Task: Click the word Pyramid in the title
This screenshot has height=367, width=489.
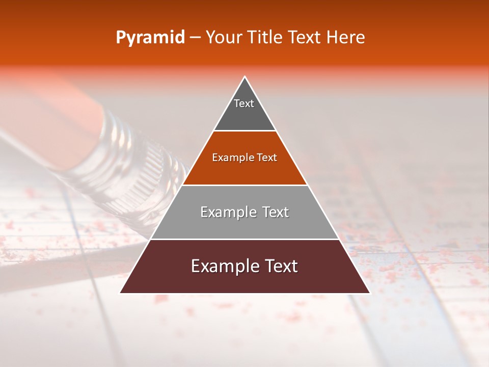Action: point(150,38)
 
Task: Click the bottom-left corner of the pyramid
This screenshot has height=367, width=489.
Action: point(121,293)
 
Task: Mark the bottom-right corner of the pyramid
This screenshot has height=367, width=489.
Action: point(369,293)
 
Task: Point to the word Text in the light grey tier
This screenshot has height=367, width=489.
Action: point(276,212)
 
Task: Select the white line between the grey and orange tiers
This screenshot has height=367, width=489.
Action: point(244,131)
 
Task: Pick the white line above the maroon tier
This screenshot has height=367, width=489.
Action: point(244,239)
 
